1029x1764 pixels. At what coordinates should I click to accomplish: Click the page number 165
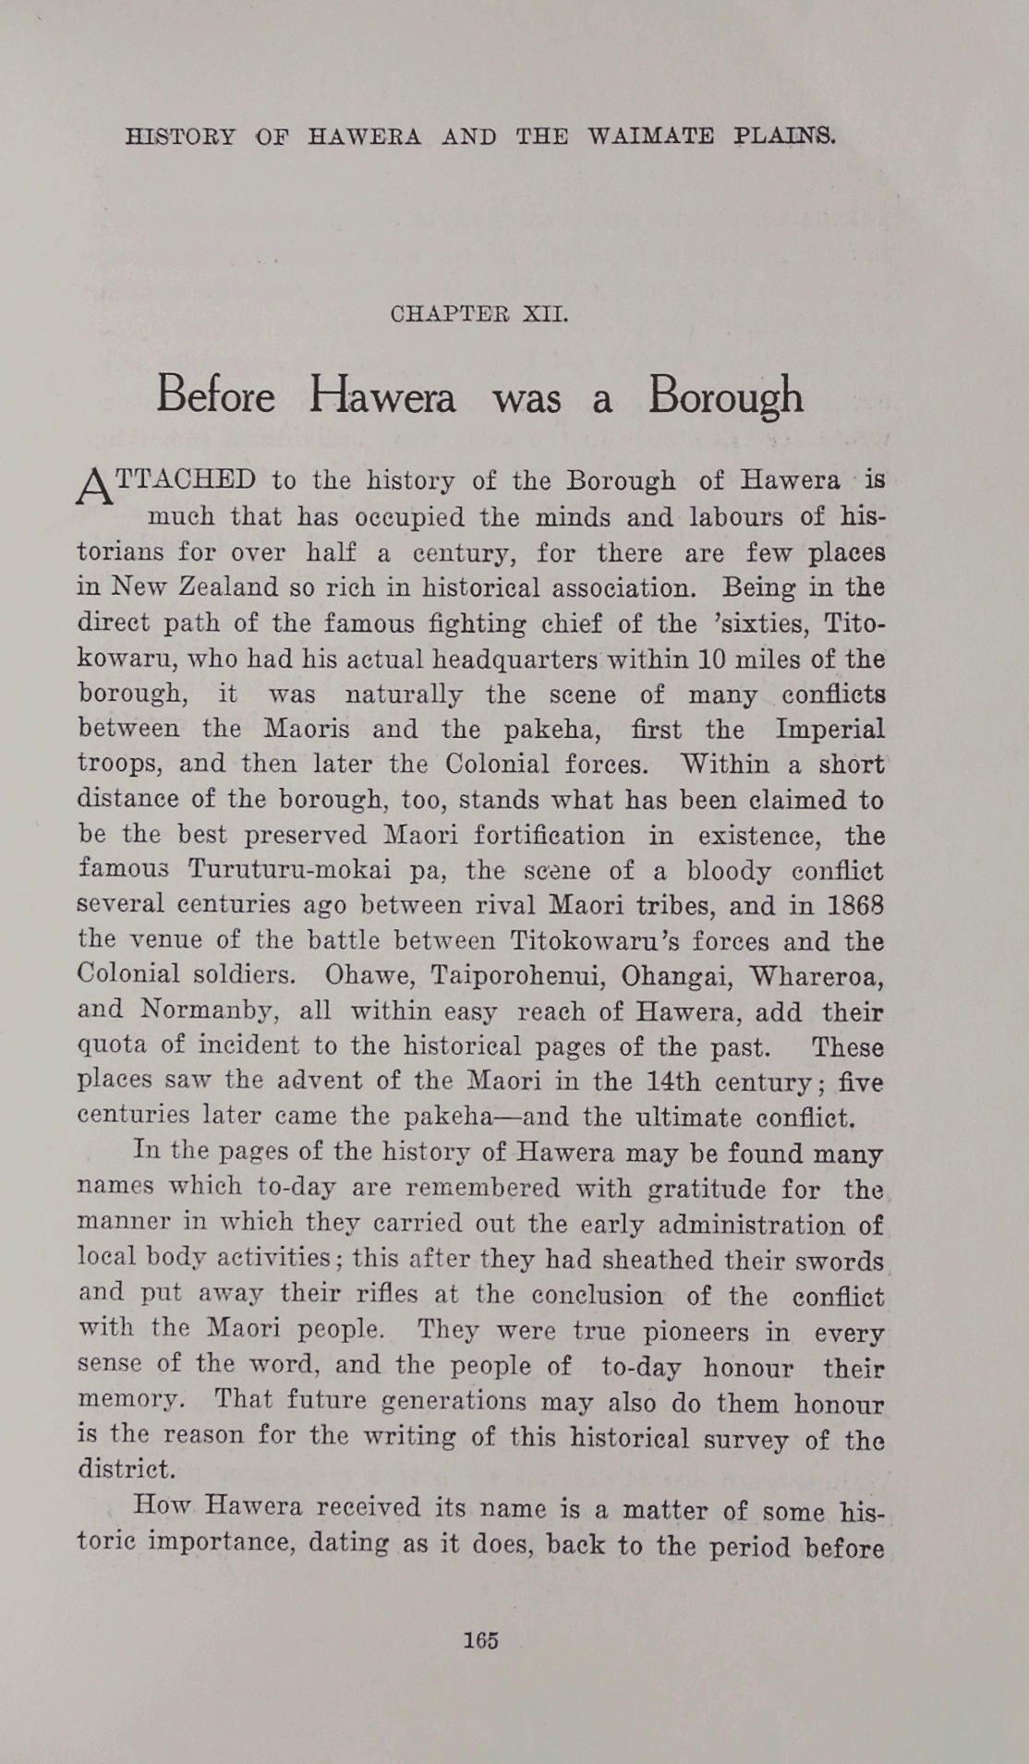(x=481, y=1640)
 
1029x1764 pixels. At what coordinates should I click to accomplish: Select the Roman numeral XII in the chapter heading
(x=545, y=314)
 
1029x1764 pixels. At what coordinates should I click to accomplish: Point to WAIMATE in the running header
(x=650, y=137)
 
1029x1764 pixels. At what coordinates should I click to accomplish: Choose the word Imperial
(x=829, y=730)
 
